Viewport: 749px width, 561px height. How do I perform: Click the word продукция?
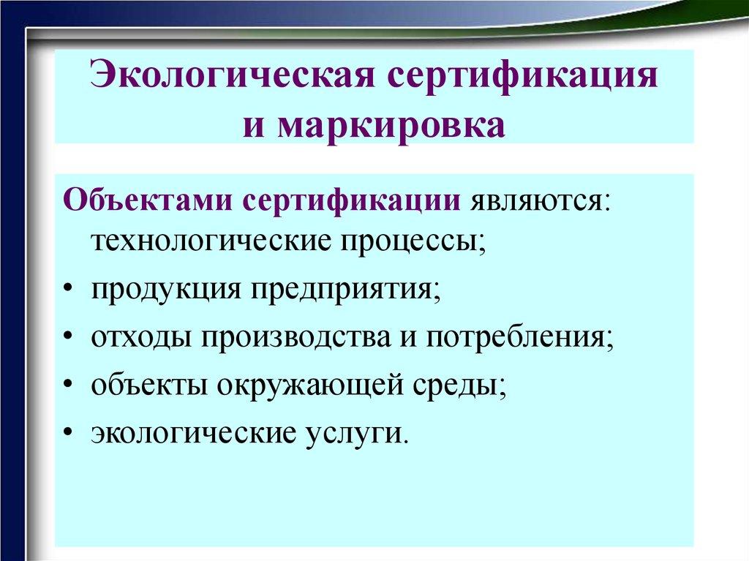tap(166, 288)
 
